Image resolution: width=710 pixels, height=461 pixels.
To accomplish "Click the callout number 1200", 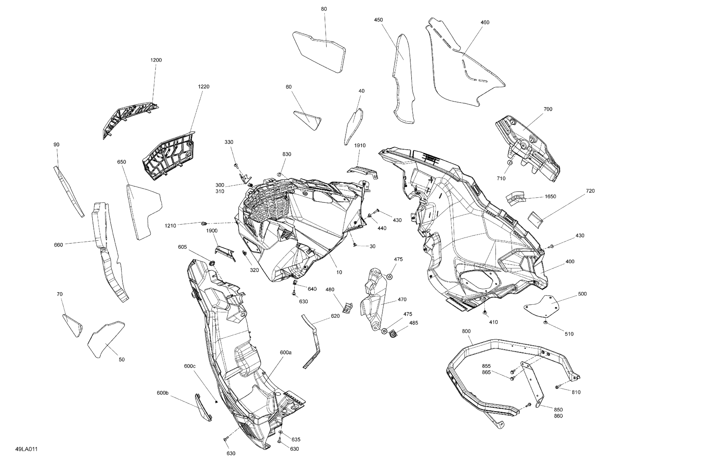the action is (x=156, y=60).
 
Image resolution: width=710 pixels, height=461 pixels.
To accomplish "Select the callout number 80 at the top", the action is (x=324, y=9).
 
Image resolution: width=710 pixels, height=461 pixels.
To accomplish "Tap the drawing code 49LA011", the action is (x=27, y=449).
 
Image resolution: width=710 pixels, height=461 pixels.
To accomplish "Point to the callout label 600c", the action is (x=190, y=366).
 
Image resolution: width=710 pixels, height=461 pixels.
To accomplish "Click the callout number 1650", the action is (x=550, y=196).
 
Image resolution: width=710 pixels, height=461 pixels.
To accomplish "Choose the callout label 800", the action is (x=466, y=331).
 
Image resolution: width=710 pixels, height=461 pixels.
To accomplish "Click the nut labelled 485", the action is (x=393, y=334).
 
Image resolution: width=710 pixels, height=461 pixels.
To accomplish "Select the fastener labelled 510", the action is (x=546, y=322).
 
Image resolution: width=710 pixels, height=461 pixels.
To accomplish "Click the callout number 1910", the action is (x=360, y=146).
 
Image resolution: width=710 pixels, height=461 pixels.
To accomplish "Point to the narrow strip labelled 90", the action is (x=69, y=192).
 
